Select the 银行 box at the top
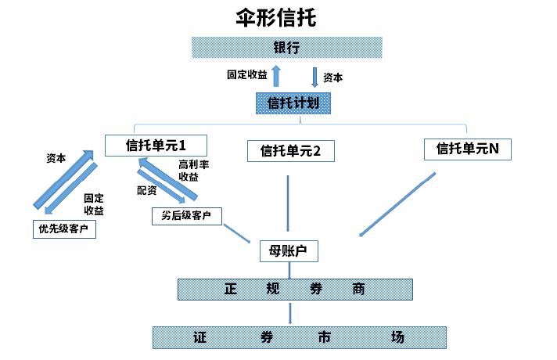pos(287,47)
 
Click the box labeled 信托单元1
pos(156,145)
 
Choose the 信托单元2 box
pos(290,151)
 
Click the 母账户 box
pos(289,251)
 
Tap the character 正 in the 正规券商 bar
pos(230,289)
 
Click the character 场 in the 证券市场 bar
pos(399,338)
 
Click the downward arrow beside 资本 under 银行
pos(314,77)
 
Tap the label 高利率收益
pos(193,171)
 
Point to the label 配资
pos(147,190)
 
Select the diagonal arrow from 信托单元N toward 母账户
pos(397,203)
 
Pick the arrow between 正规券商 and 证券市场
pos(290,314)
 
